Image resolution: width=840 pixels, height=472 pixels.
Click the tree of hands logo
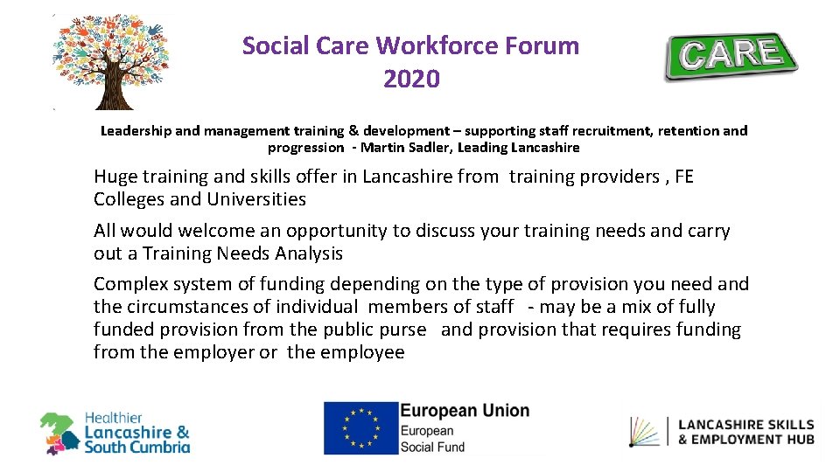(109, 61)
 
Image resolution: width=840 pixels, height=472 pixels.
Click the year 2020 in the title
(411, 80)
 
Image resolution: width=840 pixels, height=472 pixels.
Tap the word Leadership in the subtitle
(136, 131)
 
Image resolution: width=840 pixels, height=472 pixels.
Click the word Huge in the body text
(115, 177)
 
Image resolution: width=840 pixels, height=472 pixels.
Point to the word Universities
(256, 199)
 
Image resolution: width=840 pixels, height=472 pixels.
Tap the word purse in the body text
(403, 330)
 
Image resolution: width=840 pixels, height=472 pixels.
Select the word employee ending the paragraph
(361, 352)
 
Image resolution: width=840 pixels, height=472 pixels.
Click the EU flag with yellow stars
(360, 428)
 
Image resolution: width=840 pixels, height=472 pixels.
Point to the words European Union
(465, 411)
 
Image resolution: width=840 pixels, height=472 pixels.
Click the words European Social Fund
(433, 439)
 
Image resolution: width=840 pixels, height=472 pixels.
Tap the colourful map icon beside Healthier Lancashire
(59, 434)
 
